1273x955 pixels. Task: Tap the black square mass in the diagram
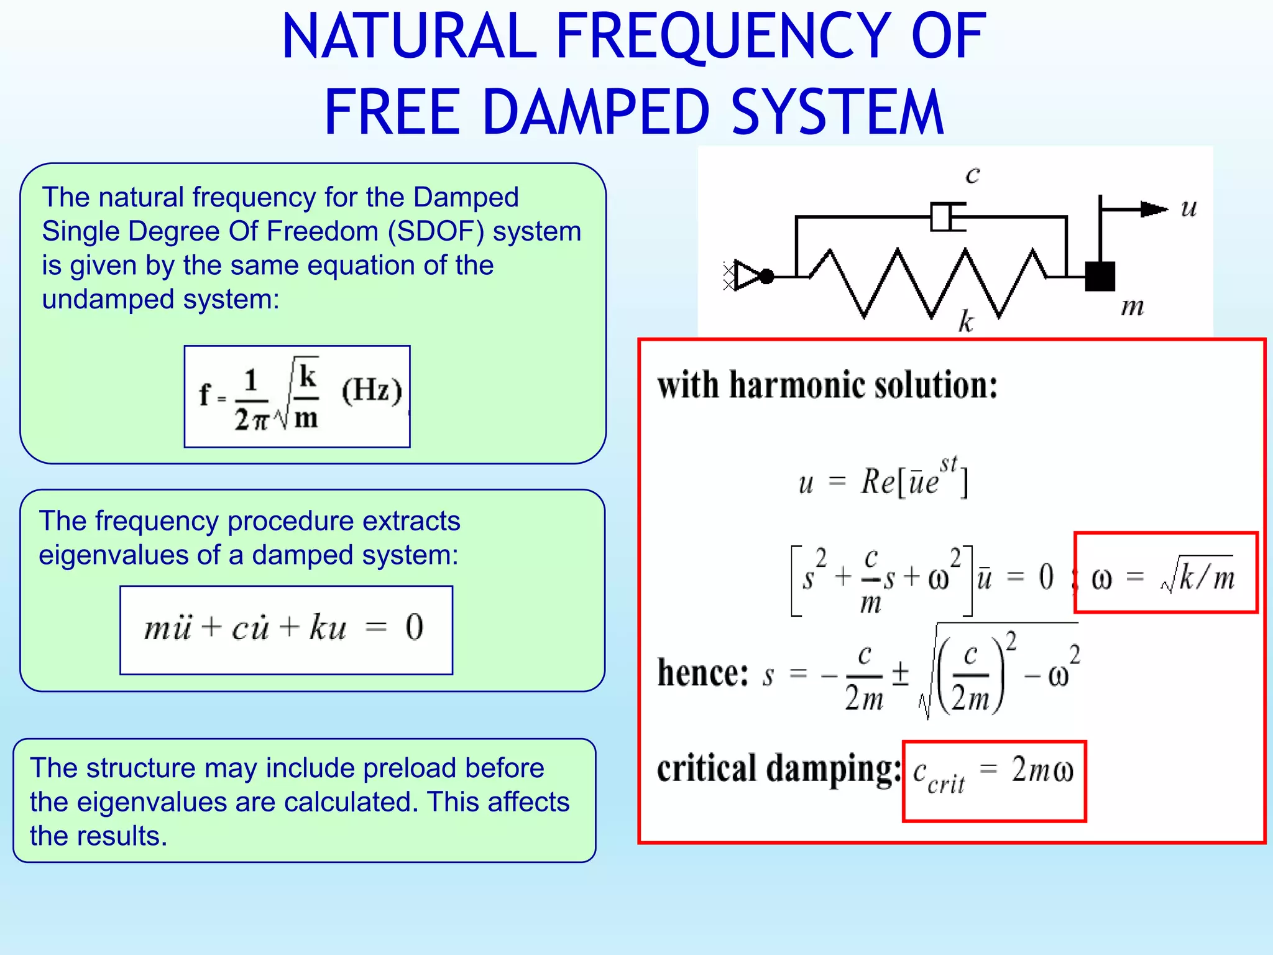click(x=1100, y=277)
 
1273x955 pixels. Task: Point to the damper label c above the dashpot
click(x=972, y=175)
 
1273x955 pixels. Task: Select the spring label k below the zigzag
click(x=965, y=321)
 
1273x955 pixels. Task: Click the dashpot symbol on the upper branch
click(x=946, y=217)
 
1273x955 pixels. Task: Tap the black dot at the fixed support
click(x=767, y=276)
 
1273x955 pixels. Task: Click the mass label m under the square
click(x=1132, y=307)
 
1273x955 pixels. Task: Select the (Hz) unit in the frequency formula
click(x=372, y=391)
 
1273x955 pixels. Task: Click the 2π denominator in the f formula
click(x=251, y=420)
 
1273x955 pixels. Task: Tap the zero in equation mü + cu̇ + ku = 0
click(x=415, y=627)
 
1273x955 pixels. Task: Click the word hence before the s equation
click(x=702, y=673)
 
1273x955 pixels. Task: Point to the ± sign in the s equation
click(x=900, y=673)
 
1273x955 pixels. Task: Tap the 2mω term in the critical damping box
click(x=1042, y=770)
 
